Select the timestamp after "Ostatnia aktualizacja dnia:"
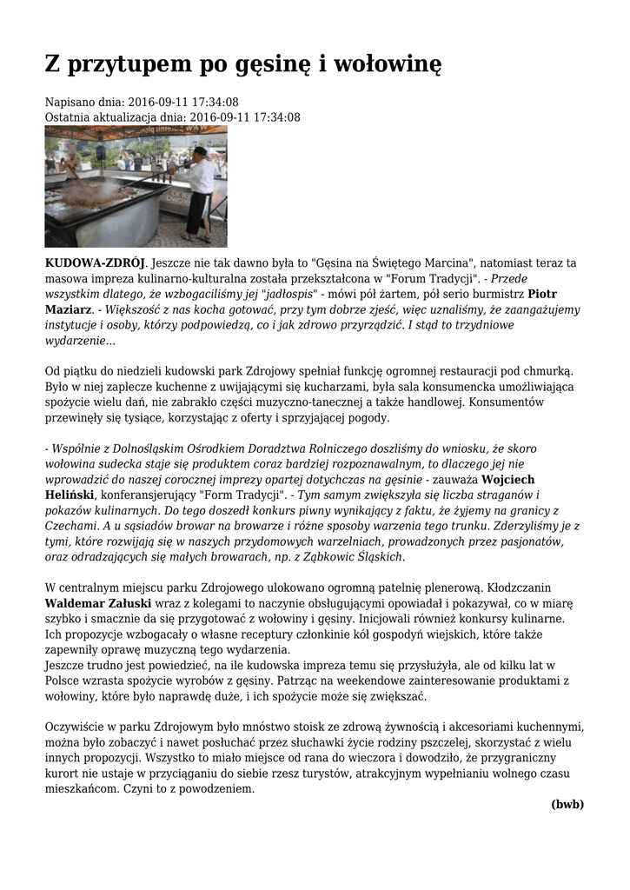click(245, 116)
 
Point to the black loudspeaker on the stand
click(101, 153)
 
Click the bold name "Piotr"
click(543, 294)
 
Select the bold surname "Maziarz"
click(68, 309)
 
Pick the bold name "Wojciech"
click(508, 479)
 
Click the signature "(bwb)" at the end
click(567, 804)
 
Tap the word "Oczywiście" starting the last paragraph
click(76, 727)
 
